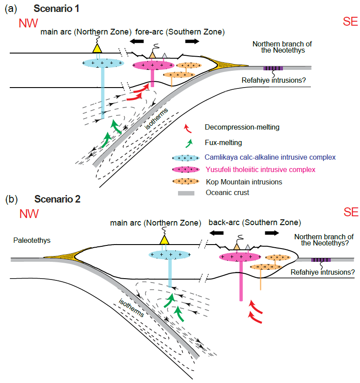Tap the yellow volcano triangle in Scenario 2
pos(164,240)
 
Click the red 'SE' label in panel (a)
pos(350,22)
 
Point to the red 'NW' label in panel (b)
pos(28,214)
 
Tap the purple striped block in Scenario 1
pos(273,68)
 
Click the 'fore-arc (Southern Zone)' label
pos(191,32)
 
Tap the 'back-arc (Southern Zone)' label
pos(255,222)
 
